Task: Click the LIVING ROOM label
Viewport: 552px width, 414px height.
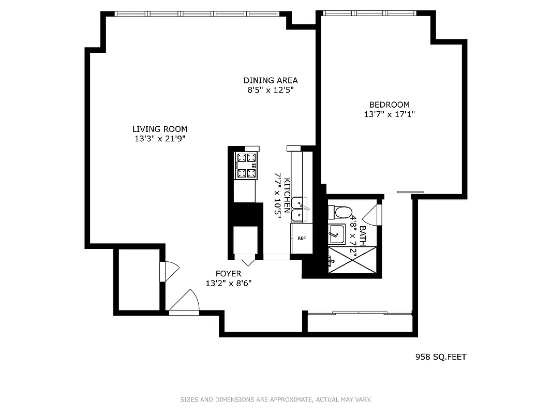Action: point(159,129)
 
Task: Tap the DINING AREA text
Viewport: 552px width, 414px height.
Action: point(271,80)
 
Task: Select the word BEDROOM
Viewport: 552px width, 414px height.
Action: point(389,105)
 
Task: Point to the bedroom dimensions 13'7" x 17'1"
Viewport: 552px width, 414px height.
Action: point(389,114)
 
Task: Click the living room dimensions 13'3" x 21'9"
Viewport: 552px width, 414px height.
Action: point(159,139)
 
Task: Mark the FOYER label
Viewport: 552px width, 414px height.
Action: point(228,274)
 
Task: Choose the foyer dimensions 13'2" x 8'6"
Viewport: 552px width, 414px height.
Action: point(228,283)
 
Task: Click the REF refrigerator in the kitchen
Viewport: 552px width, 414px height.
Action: point(302,239)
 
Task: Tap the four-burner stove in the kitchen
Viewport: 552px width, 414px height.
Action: point(246,166)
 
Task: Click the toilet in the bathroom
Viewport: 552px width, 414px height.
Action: point(340,212)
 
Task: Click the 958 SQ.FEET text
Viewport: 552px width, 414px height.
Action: point(441,357)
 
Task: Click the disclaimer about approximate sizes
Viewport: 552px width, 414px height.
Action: point(276,400)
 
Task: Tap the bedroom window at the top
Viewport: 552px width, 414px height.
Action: point(369,13)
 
